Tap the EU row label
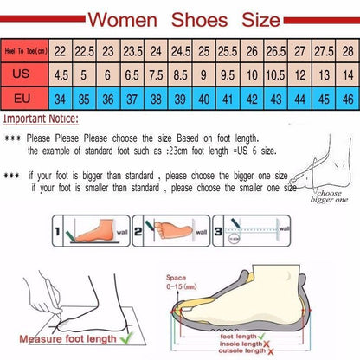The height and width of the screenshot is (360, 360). click(x=23, y=99)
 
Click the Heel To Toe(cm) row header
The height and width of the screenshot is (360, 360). click(x=23, y=51)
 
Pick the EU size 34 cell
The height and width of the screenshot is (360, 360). click(x=60, y=99)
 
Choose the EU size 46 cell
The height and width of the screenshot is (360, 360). click(x=346, y=99)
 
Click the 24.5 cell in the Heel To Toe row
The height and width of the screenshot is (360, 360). click(x=179, y=51)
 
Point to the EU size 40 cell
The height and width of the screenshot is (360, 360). click(x=202, y=99)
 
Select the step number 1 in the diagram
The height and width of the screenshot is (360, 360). click(x=58, y=232)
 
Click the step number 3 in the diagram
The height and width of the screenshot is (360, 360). click(x=219, y=232)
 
